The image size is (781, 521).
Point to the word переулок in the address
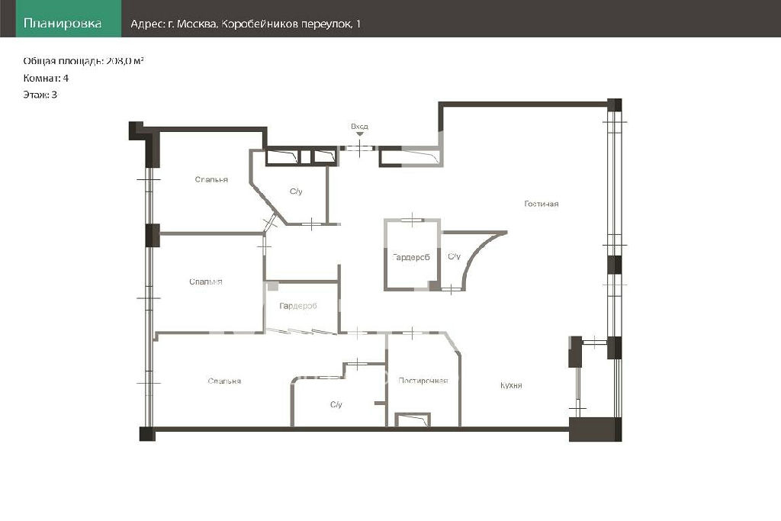[x=326, y=24]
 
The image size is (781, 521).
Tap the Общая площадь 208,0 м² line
[x=83, y=61]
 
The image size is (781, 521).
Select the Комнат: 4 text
[x=46, y=78]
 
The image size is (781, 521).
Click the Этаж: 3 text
[x=40, y=94]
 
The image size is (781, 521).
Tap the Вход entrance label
[x=359, y=126]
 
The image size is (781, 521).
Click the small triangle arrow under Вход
[x=360, y=134]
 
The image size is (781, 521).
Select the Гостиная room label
[x=542, y=203]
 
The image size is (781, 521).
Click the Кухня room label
[x=511, y=385]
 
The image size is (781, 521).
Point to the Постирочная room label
[x=423, y=381]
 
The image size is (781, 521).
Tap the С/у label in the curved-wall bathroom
[x=454, y=256]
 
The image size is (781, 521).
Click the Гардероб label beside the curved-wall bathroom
[x=411, y=257]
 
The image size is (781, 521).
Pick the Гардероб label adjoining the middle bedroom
[x=298, y=306]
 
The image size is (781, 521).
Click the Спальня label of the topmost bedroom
[x=211, y=179]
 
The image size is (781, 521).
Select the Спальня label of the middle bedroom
[x=206, y=281]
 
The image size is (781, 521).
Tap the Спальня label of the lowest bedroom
[x=224, y=381]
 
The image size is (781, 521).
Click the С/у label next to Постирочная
[x=336, y=404]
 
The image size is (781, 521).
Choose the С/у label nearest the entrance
[x=296, y=191]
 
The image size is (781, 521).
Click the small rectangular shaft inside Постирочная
[x=413, y=420]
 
